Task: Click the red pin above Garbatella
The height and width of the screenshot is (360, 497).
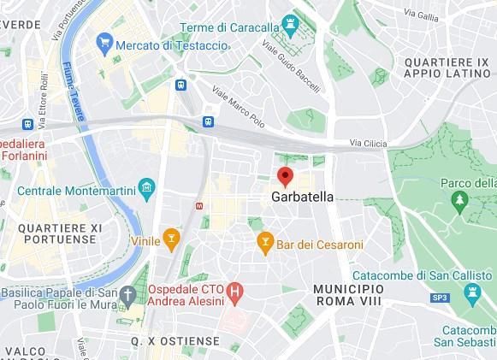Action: click(286, 177)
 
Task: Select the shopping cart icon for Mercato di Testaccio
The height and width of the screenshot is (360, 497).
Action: click(104, 41)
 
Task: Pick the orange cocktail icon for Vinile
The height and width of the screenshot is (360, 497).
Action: click(171, 239)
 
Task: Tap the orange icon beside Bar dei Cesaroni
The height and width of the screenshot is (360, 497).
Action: click(266, 244)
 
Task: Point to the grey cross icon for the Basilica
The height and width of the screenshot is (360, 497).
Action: click(128, 296)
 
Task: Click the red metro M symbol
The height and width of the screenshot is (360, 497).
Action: click(200, 206)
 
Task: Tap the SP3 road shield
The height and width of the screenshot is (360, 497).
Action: click(440, 297)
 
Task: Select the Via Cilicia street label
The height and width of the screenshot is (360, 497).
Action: click(371, 143)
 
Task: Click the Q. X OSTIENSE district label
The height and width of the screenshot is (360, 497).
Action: click(174, 340)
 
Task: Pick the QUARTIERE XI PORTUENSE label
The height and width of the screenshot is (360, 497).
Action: click(59, 233)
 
